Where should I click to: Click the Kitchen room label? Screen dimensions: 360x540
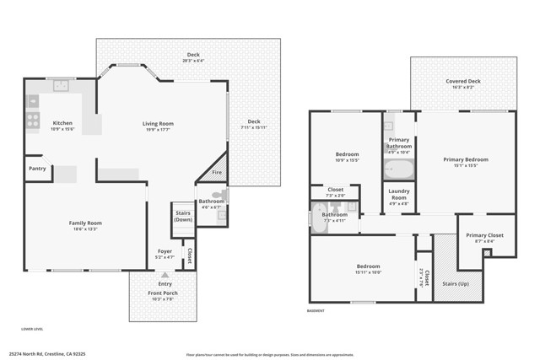(63, 123)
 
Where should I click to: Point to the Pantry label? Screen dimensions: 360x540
(37, 169)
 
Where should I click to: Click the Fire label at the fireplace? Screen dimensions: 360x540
(217, 172)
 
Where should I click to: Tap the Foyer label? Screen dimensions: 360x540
(165, 250)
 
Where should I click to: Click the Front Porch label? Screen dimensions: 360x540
(163, 293)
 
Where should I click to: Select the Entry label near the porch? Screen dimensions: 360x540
(165, 283)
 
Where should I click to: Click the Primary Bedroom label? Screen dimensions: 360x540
(466, 159)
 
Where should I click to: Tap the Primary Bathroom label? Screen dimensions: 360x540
(398, 142)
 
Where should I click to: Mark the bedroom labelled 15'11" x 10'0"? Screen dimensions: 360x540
(369, 267)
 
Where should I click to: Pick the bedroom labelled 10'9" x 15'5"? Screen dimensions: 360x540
(348, 154)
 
